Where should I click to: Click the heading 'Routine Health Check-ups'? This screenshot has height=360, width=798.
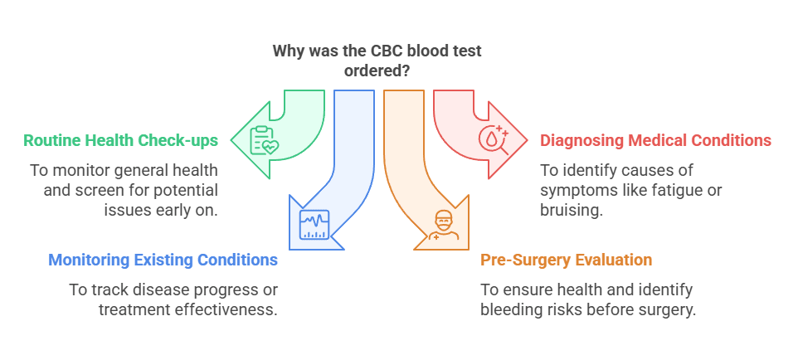[x=121, y=140]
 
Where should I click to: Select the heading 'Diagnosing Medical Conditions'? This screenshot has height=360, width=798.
[x=655, y=140]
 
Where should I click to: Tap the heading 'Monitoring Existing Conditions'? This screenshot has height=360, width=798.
[x=163, y=260]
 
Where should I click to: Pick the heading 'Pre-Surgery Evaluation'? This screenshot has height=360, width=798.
[x=566, y=260]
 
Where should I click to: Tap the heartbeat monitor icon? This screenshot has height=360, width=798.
[x=314, y=224]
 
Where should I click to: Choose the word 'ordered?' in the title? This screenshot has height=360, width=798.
[x=377, y=71]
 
